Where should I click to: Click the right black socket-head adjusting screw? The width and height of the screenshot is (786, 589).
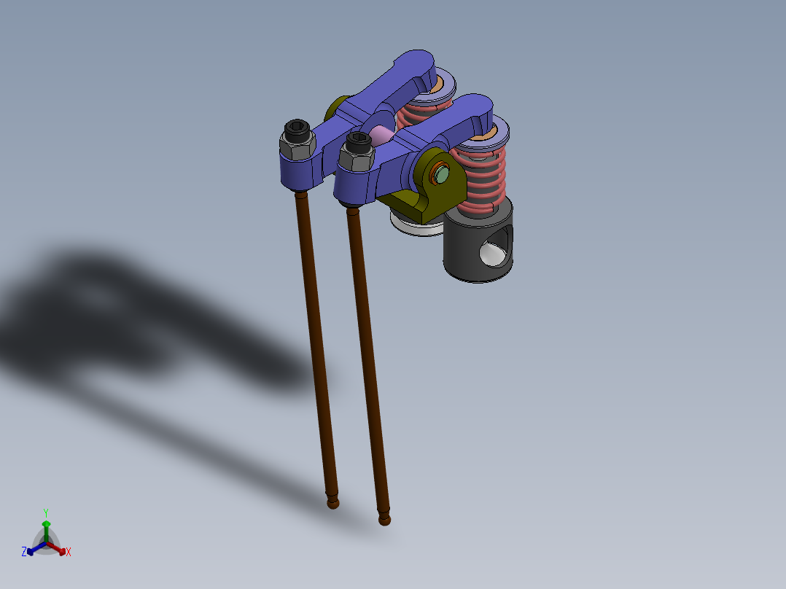[x=358, y=141]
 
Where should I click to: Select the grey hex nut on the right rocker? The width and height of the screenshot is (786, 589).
[x=357, y=157]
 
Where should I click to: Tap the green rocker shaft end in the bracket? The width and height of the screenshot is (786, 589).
[x=442, y=175]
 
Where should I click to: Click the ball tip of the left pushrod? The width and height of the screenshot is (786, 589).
[x=333, y=503]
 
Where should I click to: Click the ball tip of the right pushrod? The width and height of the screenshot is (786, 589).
[x=384, y=518]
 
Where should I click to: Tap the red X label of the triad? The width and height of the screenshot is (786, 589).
[x=69, y=553]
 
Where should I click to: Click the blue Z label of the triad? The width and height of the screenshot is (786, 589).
[x=24, y=552]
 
